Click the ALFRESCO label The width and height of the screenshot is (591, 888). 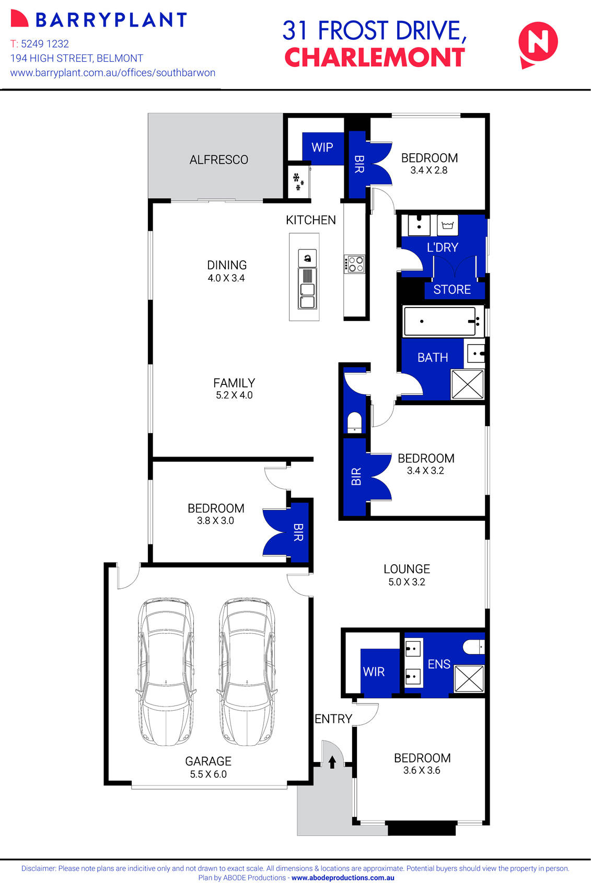pos(218,160)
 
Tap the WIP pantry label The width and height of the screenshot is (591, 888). pos(322,147)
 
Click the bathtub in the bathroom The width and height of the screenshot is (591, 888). pos(442,321)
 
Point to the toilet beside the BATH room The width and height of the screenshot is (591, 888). pos(354,423)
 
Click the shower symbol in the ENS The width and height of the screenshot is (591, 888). pos(469,678)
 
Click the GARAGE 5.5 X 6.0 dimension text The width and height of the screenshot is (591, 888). pos(208,774)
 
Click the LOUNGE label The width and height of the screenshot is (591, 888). pos(407,569)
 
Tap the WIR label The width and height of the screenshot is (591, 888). pos(374,671)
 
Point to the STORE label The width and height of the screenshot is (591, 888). pos(452,289)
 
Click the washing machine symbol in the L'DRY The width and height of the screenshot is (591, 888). pos(447,225)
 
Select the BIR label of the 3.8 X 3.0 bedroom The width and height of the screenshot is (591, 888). pos(298,532)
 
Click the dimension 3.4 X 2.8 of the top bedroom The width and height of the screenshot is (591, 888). pos(428,170)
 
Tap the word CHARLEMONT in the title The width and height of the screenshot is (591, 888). pos(374,58)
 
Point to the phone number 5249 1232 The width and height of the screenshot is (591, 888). pos(45,44)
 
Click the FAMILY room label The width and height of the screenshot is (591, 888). pos(234,383)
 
